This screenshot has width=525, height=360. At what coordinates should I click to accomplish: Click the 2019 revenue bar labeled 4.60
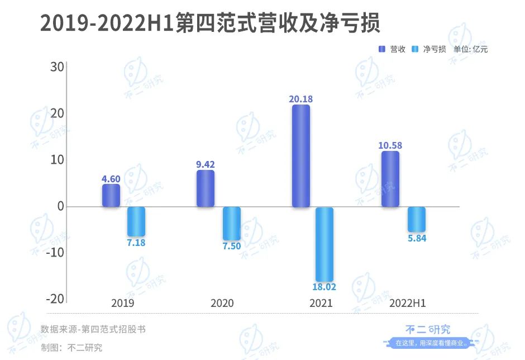click(111, 196)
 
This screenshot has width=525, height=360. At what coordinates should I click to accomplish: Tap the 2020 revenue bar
click(205, 188)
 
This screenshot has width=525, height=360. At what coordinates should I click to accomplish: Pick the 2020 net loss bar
click(232, 224)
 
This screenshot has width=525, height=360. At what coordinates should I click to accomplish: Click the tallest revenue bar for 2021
click(300, 156)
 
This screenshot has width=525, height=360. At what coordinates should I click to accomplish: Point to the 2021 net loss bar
click(324, 244)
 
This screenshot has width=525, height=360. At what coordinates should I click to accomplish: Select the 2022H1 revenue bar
click(390, 179)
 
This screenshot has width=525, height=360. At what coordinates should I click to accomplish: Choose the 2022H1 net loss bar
click(417, 219)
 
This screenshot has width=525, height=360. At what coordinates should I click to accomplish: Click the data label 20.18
click(300, 99)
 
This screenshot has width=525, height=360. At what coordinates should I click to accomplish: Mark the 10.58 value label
click(390, 145)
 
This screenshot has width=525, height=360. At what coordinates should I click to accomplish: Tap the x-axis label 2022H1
click(408, 304)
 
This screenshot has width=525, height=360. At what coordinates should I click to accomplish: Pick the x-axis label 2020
click(222, 304)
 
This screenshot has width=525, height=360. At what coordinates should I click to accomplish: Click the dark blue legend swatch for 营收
click(383, 49)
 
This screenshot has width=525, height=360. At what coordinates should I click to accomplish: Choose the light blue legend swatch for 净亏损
click(415, 49)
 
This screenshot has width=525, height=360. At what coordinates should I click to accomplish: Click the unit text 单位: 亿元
click(470, 49)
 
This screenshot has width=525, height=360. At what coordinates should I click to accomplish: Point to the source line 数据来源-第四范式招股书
click(93, 329)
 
